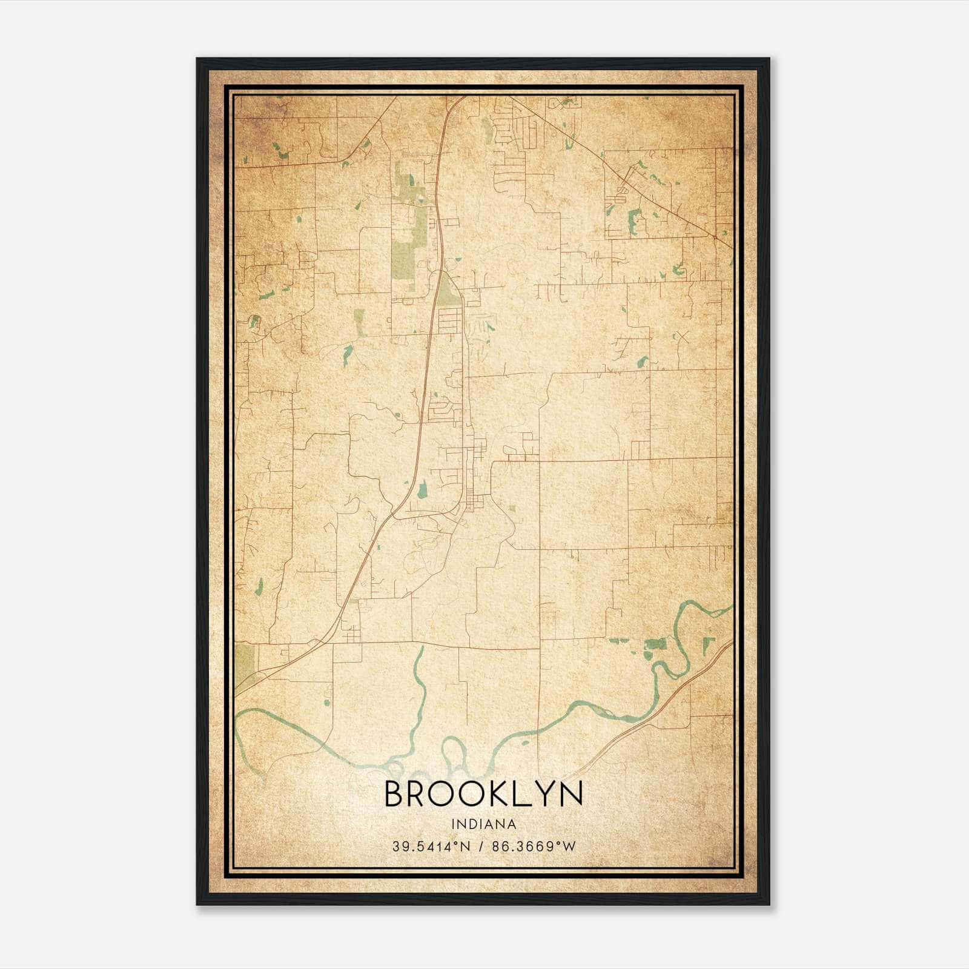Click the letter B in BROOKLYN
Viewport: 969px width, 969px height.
coord(395,794)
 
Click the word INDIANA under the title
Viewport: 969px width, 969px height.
coord(483,824)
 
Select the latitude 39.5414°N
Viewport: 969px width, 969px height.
coord(431,847)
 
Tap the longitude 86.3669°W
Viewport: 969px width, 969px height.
coord(534,847)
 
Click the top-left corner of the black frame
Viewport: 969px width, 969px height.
coord(197,58)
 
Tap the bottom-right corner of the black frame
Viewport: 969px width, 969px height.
coord(769,905)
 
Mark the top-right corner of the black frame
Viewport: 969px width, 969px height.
coord(769,58)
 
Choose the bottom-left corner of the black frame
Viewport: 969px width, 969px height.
coord(197,905)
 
